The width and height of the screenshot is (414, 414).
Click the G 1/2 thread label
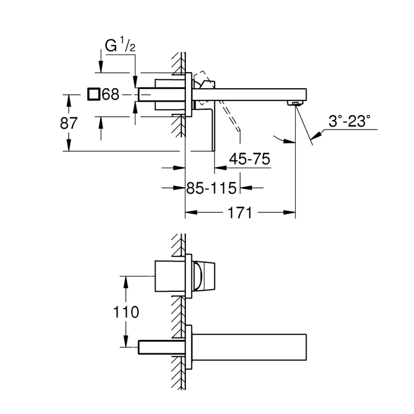click(119, 46)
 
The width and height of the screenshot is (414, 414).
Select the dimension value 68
click(110, 95)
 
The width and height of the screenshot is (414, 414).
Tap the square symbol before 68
click(94, 94)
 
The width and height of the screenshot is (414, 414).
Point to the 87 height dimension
click(69, 123)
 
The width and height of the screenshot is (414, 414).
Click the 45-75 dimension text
click(249, 159)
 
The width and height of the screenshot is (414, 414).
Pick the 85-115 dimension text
click(211, 188)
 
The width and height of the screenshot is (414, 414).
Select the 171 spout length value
click(240, 212)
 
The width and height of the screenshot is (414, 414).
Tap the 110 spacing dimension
click(126, 312)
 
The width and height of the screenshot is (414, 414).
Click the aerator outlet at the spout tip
click(295, 103)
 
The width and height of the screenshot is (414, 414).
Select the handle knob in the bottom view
click(203, 276)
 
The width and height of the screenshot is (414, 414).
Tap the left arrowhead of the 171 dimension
click(188, 212)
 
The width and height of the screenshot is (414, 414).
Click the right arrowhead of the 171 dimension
click(292, 212)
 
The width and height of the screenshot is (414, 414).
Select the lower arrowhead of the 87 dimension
click(69, 147)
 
